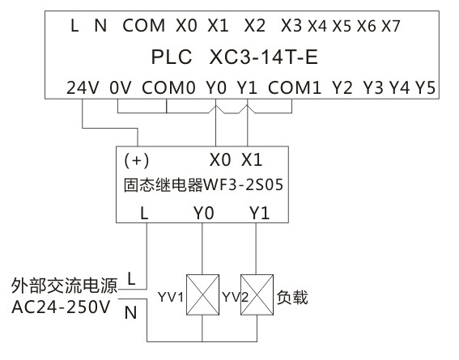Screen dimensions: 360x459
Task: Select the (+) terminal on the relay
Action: coord(136,159)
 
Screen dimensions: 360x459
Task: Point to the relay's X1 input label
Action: coord(253,159)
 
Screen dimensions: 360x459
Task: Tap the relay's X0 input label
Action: coord(220,159)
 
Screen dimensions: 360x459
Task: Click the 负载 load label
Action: coord(294,299)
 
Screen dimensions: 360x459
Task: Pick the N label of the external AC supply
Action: coord(130,313)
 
